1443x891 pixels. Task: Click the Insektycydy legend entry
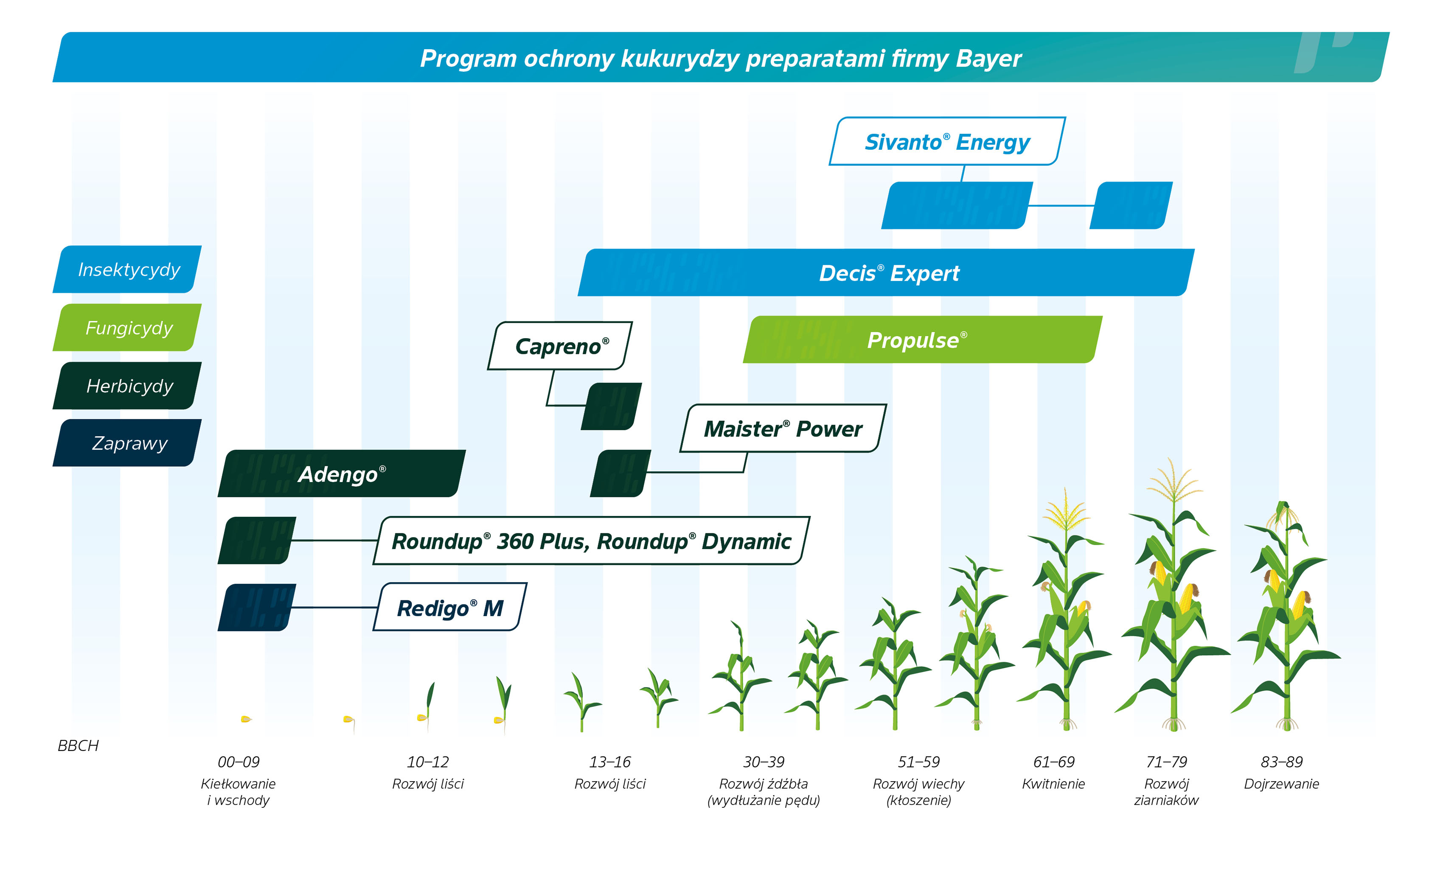[127, 269]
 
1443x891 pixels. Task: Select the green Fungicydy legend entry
[127, 328]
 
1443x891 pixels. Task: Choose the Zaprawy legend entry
[127, 443]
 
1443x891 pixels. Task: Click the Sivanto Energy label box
[947, 141]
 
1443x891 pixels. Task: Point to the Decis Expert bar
[886, 272]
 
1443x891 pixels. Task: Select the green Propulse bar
[923, 339]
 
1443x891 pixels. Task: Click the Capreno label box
[560, 346]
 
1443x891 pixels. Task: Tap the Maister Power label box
[783, 429]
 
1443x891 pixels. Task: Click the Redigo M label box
[450, 607]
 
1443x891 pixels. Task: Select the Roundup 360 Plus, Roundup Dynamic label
[591, 541]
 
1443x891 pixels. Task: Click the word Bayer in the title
[988, 59]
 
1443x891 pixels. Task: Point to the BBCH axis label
[78, 746]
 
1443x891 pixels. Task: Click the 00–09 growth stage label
[238, 762]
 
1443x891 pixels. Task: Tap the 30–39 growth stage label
[764, 762]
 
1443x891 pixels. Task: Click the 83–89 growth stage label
[1281, 762]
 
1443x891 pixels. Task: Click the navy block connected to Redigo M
[257, 608]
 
